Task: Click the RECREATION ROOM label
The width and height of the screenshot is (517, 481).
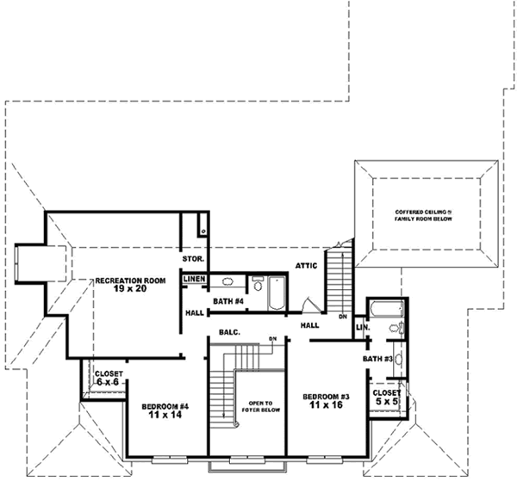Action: tap(130, 281)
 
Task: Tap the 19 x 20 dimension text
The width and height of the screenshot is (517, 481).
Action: tap(129, 290)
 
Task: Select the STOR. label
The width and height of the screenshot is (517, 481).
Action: tap(192, 259)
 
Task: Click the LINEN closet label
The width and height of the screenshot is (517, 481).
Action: tap(194, 279)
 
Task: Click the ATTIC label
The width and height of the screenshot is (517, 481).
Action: tap(308, 266)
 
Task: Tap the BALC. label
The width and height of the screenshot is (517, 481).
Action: tap(228, 331)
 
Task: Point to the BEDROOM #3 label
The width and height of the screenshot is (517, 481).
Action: tap(326, 396)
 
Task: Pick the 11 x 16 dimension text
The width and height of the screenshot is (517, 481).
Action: tap(326, 405)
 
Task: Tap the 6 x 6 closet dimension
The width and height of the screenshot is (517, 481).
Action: tap(109, 381)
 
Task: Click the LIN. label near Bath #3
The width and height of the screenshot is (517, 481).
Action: tap(362, 328)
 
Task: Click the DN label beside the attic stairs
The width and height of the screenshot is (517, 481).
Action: tap(342, 317)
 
